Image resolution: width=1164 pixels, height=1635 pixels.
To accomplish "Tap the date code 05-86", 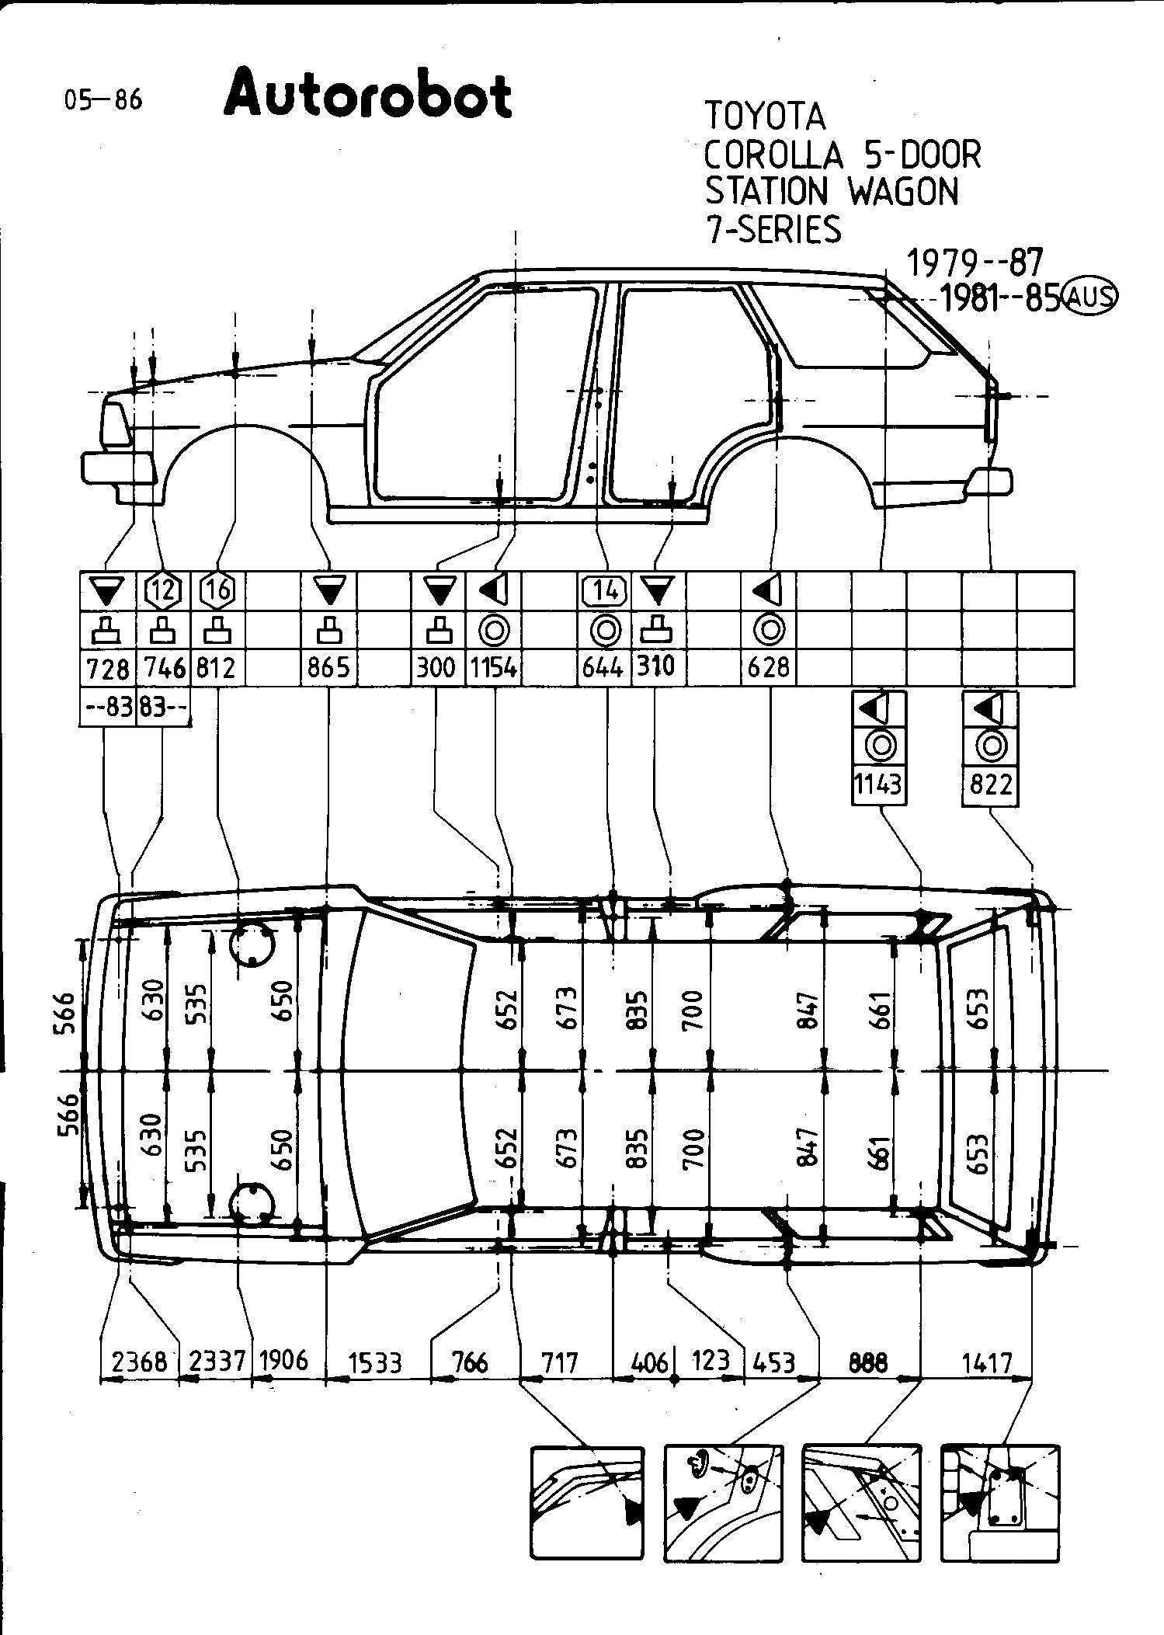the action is pos(104,100).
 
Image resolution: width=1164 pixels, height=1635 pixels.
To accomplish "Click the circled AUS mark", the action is pos(1090,297).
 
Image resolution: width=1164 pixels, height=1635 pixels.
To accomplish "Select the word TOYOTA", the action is pos(765,117).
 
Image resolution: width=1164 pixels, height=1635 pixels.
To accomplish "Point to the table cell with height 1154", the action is pos(494,667).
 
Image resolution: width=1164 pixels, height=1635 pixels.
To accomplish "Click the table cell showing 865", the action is pos(328,667).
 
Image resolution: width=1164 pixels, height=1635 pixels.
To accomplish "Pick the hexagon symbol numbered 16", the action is pos(218,591).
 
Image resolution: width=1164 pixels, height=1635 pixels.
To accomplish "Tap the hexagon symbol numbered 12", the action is pos(163,591).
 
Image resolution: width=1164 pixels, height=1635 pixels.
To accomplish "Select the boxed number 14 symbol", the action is pos(604,591).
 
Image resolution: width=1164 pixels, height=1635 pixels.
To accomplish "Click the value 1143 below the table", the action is pos(879,784).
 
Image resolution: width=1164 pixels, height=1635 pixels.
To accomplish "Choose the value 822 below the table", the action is pos(990,784).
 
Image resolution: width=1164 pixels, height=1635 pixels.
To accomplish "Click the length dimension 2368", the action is pos(140,1362).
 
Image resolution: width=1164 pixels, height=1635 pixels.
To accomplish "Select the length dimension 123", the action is pos(711,1361).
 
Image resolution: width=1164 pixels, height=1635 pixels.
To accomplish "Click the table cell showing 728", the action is pos(108,667).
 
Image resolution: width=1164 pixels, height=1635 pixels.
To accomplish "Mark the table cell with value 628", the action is pos(768,667).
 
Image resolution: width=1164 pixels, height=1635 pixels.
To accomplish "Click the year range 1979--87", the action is pos(975,263).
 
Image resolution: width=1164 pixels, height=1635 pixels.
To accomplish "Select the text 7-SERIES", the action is pos(773,229).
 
